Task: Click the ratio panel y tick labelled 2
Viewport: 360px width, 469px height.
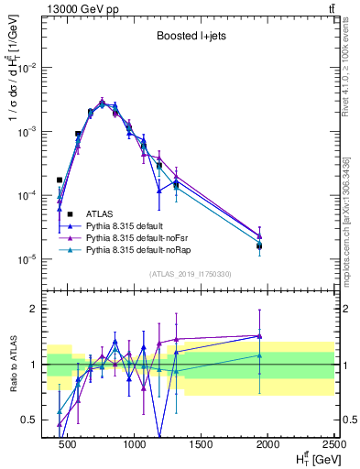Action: [x=34, y=309]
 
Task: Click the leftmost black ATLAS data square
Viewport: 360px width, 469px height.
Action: [x=60, y=180]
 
